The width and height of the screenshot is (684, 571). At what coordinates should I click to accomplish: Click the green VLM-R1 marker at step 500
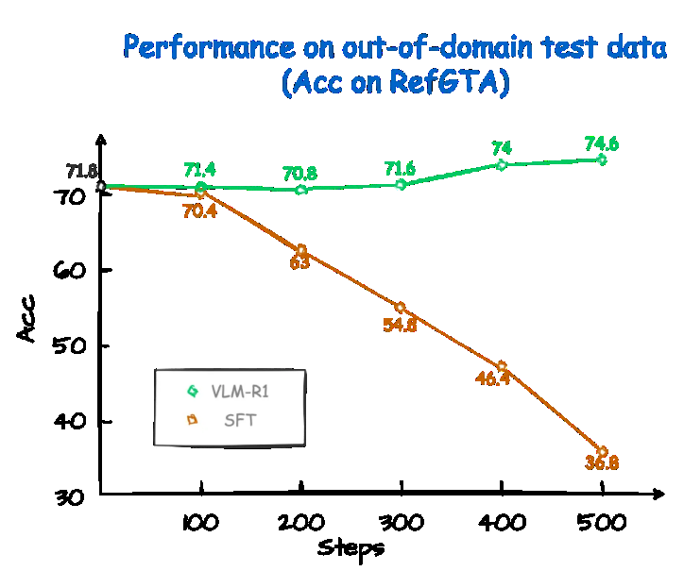tap(602, 160)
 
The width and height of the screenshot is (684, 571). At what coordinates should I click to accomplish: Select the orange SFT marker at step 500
tap(602, 452)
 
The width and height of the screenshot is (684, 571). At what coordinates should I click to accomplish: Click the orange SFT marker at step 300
tap(401, 308)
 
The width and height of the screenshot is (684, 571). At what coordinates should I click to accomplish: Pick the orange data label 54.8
tap(400, 326)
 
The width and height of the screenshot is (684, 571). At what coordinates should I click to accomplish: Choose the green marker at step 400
tap(502, 164)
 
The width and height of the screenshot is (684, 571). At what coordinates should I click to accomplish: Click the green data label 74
tap(502, 147)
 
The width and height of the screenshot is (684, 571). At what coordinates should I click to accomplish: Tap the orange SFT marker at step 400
tap(502, 366)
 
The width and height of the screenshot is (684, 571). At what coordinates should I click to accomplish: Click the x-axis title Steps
tap(351, 546)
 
